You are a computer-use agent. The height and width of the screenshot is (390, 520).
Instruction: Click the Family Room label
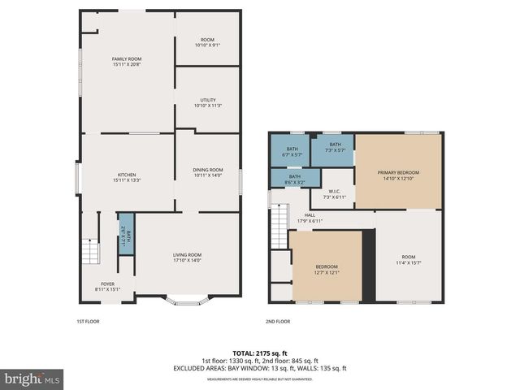point(127,62)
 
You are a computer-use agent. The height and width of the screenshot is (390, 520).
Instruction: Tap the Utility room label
point(207,102)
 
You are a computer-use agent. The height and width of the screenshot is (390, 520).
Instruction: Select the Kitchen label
point(127,177)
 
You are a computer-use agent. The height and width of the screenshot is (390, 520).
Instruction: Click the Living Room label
point(186,258)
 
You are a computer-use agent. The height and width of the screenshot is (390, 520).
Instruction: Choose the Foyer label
point(107,285)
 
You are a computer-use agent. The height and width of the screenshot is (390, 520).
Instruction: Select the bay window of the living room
point(187,302)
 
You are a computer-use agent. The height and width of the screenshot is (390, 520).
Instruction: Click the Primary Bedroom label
point(398,175)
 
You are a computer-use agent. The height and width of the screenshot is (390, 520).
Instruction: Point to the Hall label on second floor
point(310,219)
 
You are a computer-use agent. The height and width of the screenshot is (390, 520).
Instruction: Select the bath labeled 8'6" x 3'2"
point(295,178)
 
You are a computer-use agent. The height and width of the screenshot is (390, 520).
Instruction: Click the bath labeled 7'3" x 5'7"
point(336,148)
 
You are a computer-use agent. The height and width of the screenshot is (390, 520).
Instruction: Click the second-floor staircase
point(280,218)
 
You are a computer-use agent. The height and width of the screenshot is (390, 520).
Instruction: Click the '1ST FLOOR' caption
point(88,322)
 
